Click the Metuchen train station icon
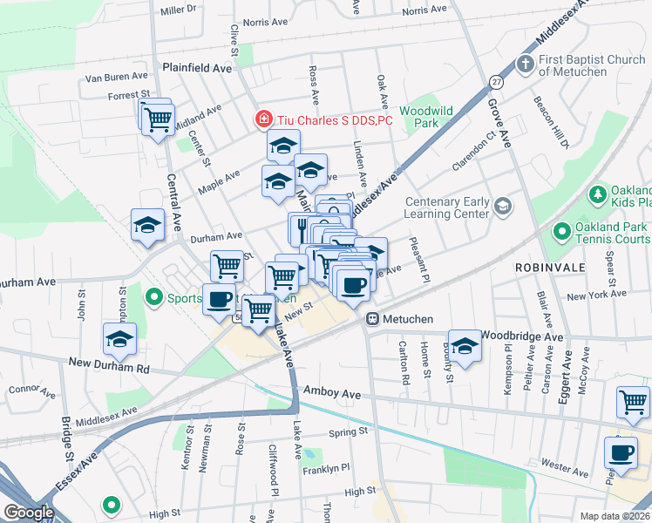click(x=371, y=319)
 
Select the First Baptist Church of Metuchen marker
click(x=525, y=64)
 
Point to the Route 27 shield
click(x=495, y=81)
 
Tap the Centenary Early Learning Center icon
click(x=502, y=207)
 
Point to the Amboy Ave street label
click(x=331, y=394)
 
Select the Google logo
click(x=29, y=512)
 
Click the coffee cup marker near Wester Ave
click(x=621, y=453)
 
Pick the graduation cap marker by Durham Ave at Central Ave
click(x=147, y=225)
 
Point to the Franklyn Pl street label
click(x=326, y=470)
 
